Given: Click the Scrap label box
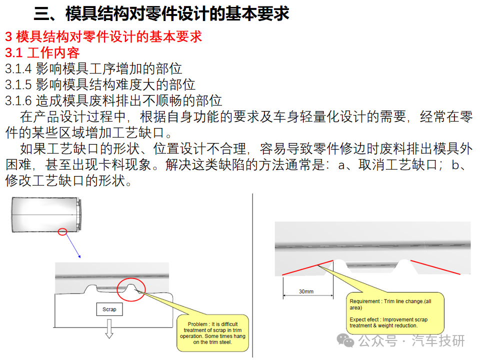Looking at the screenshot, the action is (109, 309).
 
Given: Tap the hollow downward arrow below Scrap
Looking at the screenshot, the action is (109, 329).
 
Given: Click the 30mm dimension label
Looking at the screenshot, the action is (306, 291).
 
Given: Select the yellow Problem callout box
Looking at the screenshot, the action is (213, 333).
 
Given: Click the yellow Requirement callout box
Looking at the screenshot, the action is (395, 313).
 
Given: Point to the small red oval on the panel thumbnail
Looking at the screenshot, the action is (62, 231).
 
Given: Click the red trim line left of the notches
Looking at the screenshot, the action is (307, 268).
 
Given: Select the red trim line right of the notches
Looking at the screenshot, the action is (435, 267).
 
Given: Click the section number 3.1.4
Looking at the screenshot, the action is (18, 69).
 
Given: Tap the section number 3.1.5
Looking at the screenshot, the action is (18, 85).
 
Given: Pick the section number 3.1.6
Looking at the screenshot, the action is (18, 100).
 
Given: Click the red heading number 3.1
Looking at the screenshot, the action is (14, 53).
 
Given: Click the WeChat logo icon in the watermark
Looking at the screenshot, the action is (345, 340).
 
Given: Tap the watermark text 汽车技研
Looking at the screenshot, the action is (438, 340).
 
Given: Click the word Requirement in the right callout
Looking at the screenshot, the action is (364, 301).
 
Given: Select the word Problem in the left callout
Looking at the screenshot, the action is (197, 324).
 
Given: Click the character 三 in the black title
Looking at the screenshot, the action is (41, 14).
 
